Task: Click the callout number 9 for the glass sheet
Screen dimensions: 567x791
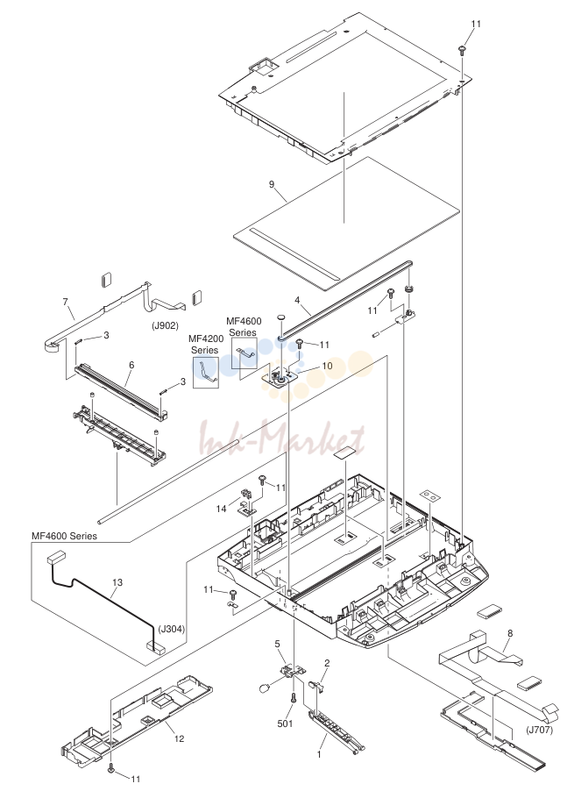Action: tap(272, 184)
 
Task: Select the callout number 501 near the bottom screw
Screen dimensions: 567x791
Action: tap(285, 723)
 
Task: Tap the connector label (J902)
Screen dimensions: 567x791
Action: tap(165, 326)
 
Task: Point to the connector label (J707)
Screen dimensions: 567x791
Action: tap(539, 730)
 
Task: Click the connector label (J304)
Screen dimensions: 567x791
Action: tap(172, 629)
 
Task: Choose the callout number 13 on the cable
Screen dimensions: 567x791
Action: tap(117, 582)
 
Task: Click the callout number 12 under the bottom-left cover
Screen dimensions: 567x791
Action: tap(179, 739)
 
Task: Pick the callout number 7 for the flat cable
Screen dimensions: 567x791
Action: tap(65, 303)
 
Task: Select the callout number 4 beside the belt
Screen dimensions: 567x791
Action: tap(297, 300)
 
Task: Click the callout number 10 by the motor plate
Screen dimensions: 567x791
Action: tap(327, 365)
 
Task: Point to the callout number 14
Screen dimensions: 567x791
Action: tap(221, 509)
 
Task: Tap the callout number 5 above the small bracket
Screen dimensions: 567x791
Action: tap(277, 644)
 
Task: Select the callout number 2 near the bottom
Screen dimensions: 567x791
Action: tap(327, 663)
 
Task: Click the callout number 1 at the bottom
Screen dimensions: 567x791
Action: tap(318, 755)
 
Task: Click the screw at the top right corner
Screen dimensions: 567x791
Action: tap(462, 49)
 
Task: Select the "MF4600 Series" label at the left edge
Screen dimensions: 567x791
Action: tap(64, 536)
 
